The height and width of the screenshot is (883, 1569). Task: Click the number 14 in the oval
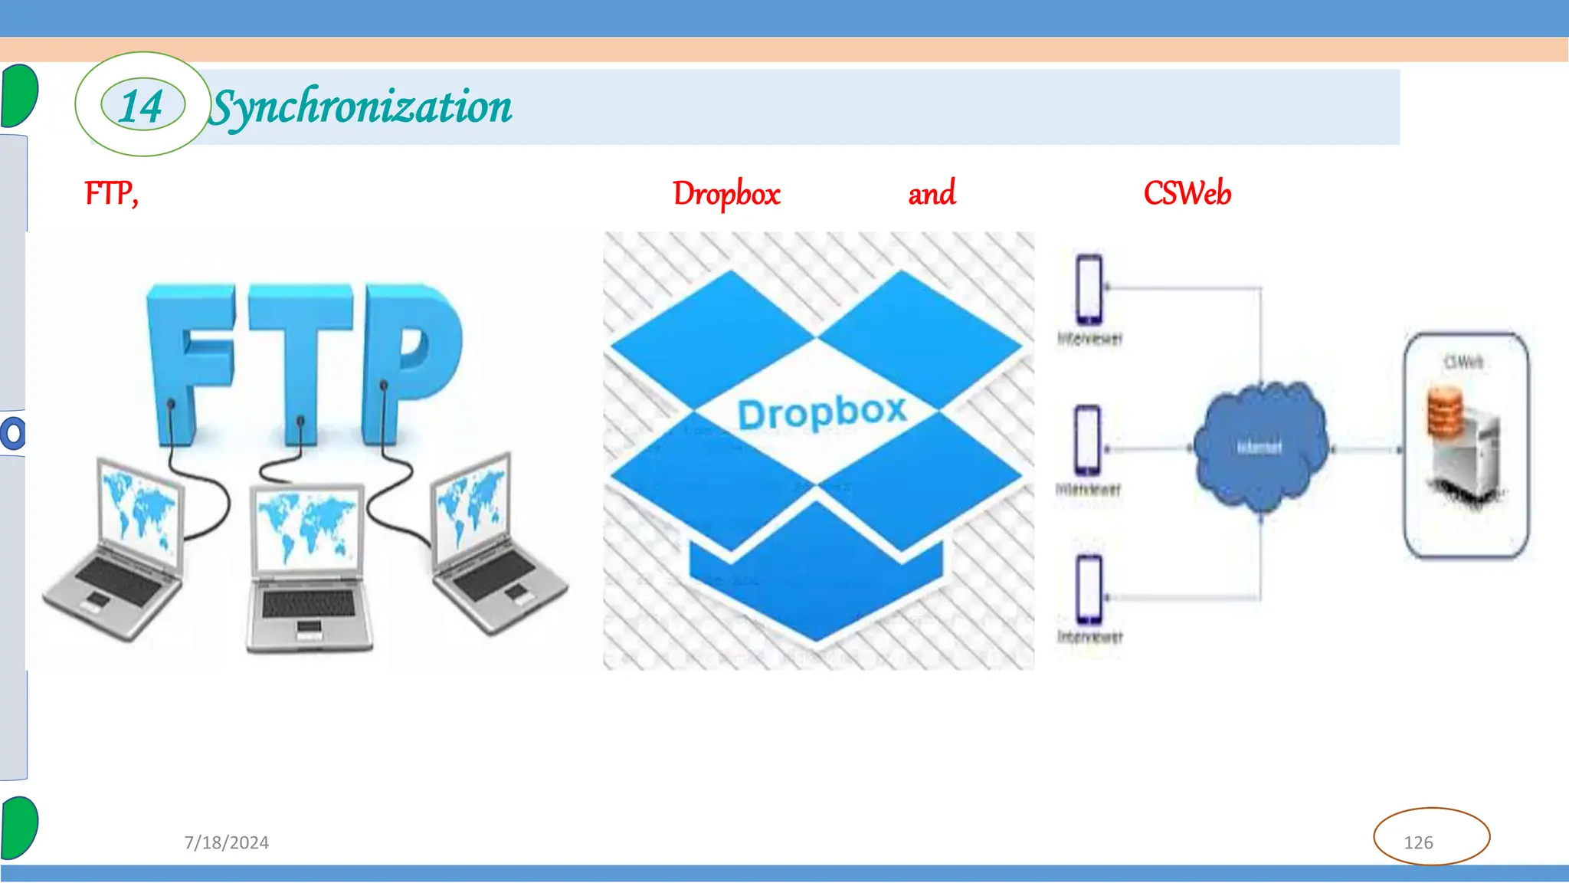pos(142,106)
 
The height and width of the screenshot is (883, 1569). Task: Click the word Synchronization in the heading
pos(361,107)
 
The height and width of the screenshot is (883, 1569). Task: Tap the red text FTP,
pos(112,193)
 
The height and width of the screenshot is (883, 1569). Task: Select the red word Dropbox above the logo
pos(726,194)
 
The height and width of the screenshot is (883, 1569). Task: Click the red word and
pos(932,193)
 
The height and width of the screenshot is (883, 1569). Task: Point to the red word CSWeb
pos(1187,193)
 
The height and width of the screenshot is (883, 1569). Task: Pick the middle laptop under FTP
pos(308,567)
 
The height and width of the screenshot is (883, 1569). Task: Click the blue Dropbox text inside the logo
pos(821,413)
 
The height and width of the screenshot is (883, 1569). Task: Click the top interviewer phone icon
pos(1089,291)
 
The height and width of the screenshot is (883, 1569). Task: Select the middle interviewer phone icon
pos(1087,441)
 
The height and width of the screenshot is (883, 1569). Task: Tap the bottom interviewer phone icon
pos(1089,589)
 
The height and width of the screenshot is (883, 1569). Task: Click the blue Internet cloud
pos(1259,447)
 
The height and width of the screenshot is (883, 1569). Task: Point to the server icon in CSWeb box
pos(1459,445)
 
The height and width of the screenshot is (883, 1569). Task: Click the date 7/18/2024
pos(227,842)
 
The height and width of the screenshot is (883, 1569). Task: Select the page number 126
pos(1418,842)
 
